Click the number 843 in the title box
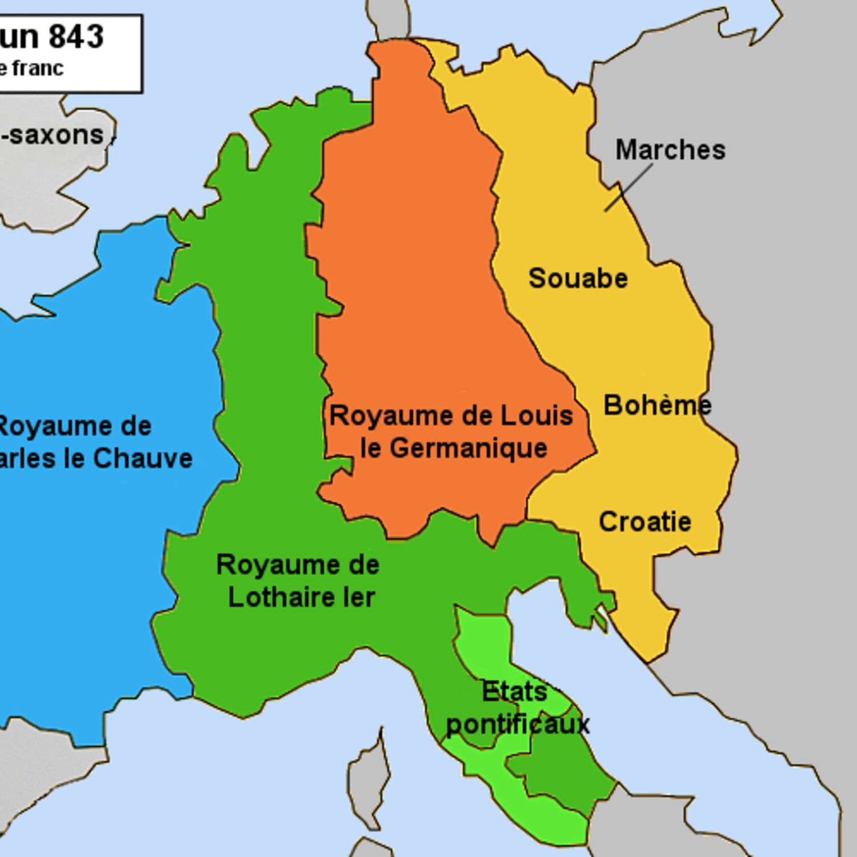pyautogui.click(x=76, y=37)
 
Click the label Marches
pyautogui.click(x=670, y=150)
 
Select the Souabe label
pyautogui.click(x=578, y=278)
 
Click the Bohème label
pyautogui.click(x=657, y=405)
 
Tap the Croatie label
pyautogui.click(x=644, y=522)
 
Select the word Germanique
pyautogui.click(x=468, y=448)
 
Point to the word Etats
pyautogui.click(x=514, y=691)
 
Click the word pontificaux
pyautogui.click(x=517, y=724)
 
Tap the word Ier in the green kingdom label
pyautogui.click(x=358, y=598)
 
